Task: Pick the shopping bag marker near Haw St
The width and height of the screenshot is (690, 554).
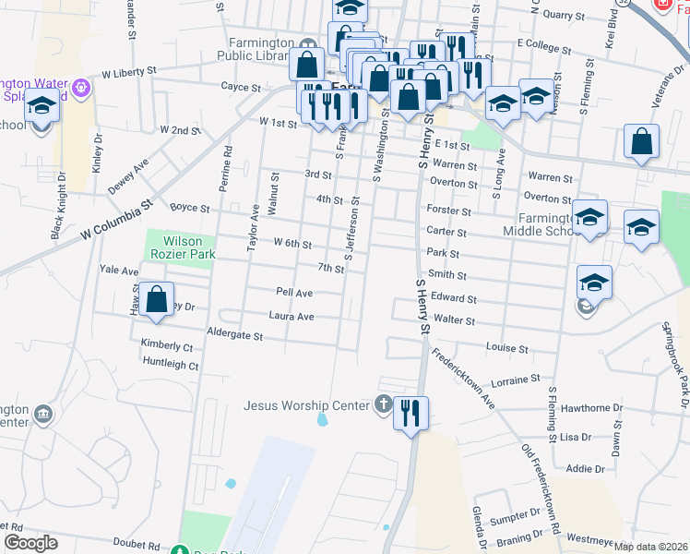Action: pos(157,300)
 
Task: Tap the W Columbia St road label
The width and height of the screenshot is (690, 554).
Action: pos(115,222)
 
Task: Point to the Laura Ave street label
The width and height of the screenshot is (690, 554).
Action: pos(291,317)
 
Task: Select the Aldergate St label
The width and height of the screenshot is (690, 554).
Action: pos(235,334)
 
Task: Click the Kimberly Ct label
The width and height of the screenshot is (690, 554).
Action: pos(167,347)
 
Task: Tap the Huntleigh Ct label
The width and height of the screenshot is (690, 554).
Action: pos(171,366)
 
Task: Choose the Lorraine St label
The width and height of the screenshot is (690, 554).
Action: pos(516,379)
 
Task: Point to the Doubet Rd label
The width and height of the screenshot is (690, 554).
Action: pos(137,545)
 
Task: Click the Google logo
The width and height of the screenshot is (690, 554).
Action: pos(31,543)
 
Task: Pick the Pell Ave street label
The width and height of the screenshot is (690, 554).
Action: pos(294,293)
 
